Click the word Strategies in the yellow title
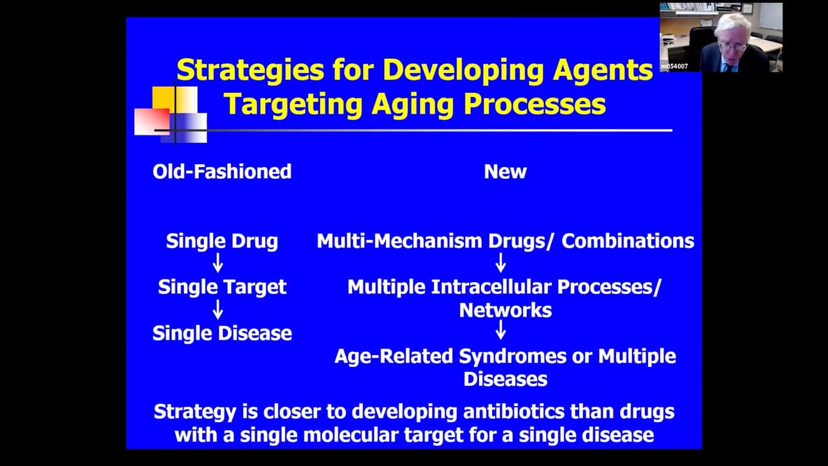point(250,70)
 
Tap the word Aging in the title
point(412,104)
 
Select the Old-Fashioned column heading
point(222,171)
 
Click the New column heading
point(505,171)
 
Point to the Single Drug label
point(222,241)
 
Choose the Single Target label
point(222,288)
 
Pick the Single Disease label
point(222,333)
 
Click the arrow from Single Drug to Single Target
point(218,263)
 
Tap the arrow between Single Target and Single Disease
point(218,309)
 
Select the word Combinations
point(628,241)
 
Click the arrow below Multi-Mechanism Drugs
point(501,263)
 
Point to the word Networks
point(505,310)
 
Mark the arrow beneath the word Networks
point(501,330)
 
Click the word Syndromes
point(513,357)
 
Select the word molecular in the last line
point(351,435)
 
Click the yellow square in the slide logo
point(164,98)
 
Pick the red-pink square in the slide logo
point(152,122)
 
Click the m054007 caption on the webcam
point(674,67)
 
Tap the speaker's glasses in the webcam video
point(733,46)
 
